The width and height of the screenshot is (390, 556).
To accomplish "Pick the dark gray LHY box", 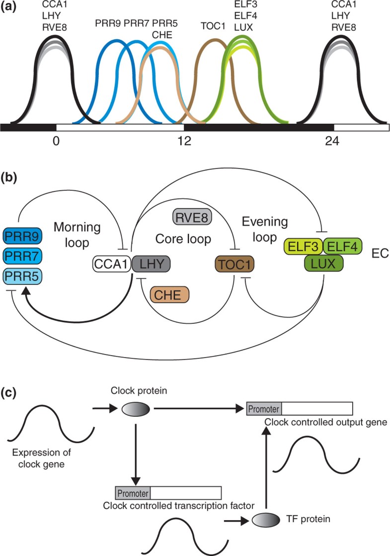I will pyautogui.click(x=152, y=262).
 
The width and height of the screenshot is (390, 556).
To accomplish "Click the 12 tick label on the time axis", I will pyautogui.click(x=184, y=142).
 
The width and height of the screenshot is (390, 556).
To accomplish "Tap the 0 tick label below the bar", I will pyautogui.click(x=56, y=142).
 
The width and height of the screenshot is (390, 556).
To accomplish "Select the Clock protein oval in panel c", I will pyautogui.click(x=136, y=409).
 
